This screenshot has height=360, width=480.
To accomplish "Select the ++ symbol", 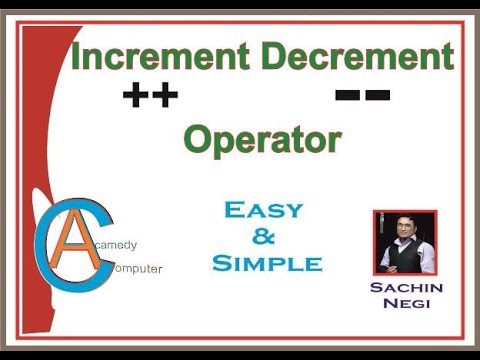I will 150,96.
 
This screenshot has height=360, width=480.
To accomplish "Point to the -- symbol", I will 363,96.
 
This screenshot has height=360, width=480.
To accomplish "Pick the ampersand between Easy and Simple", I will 265,237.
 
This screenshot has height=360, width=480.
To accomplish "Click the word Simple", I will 267,264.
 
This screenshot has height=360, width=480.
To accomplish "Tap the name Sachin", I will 405,289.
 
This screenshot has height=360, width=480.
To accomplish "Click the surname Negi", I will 405,303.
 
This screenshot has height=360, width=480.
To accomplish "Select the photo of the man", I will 405,243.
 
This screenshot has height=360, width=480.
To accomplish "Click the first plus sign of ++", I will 136,96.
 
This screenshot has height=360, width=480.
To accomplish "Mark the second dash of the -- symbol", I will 378,96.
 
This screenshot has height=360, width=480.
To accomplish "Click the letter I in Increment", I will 76,57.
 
